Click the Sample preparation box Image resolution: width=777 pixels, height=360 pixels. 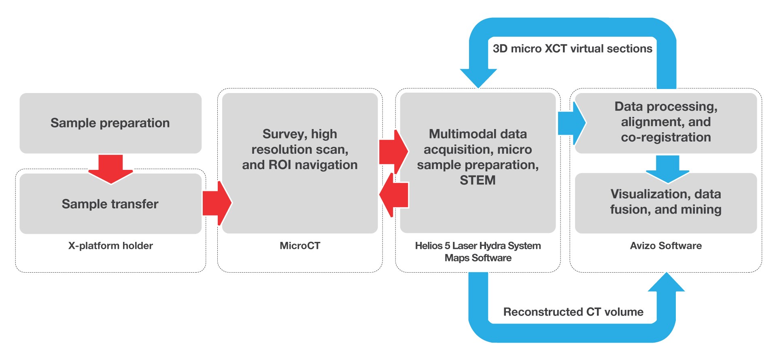tap(110, 123)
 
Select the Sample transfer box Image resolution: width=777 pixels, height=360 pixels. tap(110, 204)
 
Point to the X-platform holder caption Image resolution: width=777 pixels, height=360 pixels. tap(110, 246)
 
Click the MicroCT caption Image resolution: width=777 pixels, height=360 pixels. tap(300, 246)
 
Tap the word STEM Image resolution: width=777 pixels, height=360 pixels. tap(478, 180)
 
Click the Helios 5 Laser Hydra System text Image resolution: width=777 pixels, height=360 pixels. tap(478, 246)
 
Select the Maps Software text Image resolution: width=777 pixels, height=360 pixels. tap(478, 258)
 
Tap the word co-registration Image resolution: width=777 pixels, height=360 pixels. tap(666, 138)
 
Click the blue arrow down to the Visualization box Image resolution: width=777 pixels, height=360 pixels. tap(667, 169)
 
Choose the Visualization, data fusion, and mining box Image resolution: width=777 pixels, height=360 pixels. tap(666, 202)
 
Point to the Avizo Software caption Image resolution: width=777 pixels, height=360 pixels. tap(666, 246)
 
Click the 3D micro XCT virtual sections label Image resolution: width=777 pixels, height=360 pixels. tap(572, 49)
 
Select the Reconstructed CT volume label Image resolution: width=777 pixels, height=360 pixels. tap(573, 312)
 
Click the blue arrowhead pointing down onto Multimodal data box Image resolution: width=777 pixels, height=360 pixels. tap(478, 78)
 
